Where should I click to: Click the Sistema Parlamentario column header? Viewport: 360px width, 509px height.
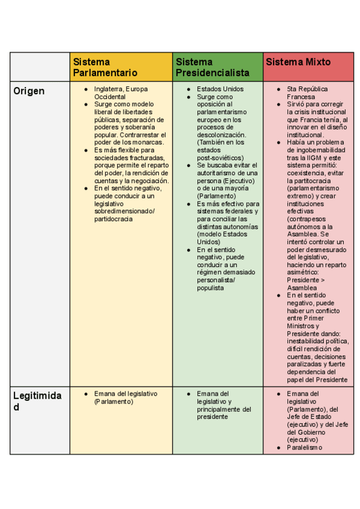(x=105, y=67)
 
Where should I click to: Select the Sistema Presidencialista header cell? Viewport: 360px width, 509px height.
(x=212, y=67)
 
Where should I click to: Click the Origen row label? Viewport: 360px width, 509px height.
(x=29, y=91)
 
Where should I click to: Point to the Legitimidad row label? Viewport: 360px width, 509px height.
(x=37, y=400)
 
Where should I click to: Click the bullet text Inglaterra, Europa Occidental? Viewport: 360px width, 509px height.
(x=121, y=92)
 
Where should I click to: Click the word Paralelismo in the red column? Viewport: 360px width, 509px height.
(x=304, y=447)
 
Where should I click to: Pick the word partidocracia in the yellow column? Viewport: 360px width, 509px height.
(x=113, y=218)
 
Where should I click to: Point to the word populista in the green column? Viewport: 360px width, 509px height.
(x=211, y=288)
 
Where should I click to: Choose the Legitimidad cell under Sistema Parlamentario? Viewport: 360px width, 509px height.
(x=121, y=420)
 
